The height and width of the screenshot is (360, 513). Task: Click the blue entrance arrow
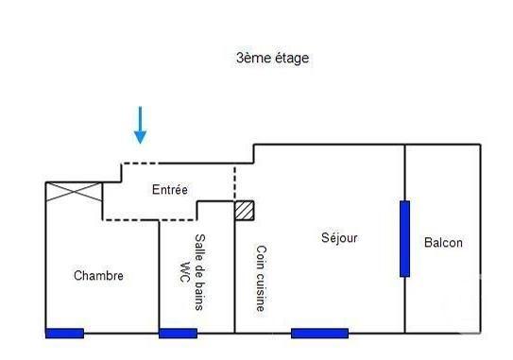pyautogui.click(x=140, y=125)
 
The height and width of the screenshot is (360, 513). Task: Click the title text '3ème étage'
pyautogui.click(x=272, y=58)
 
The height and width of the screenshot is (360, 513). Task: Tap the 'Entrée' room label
pyautogui.click(x=170, y=190)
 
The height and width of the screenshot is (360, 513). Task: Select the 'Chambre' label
pyautogui.click(x=98, y=276)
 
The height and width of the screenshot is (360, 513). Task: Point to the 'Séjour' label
pyautogui.click(x=340, y=238)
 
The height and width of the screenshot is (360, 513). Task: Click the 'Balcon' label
pyautogui.click(x=443, y=243)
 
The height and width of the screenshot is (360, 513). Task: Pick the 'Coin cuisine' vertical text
pyautogui.click(x=260, y=279)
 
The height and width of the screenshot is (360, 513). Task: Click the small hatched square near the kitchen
pyautogui.click(x=244, y=211)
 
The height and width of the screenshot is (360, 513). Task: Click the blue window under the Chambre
pyautogui.click(x=64, y=333)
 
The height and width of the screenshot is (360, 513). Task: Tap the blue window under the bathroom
pyautogui.click(x=178, y=333)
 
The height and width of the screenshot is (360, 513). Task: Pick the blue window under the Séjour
pyautogui.click(x=319, y=333)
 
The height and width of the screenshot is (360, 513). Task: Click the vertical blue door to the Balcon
pyautogui.click(x=404, y=238)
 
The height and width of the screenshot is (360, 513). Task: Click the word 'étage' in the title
pyautogui.click(x=288, y=58)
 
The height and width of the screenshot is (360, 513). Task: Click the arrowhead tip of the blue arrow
pyautogui.click(x=140, y=142)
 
